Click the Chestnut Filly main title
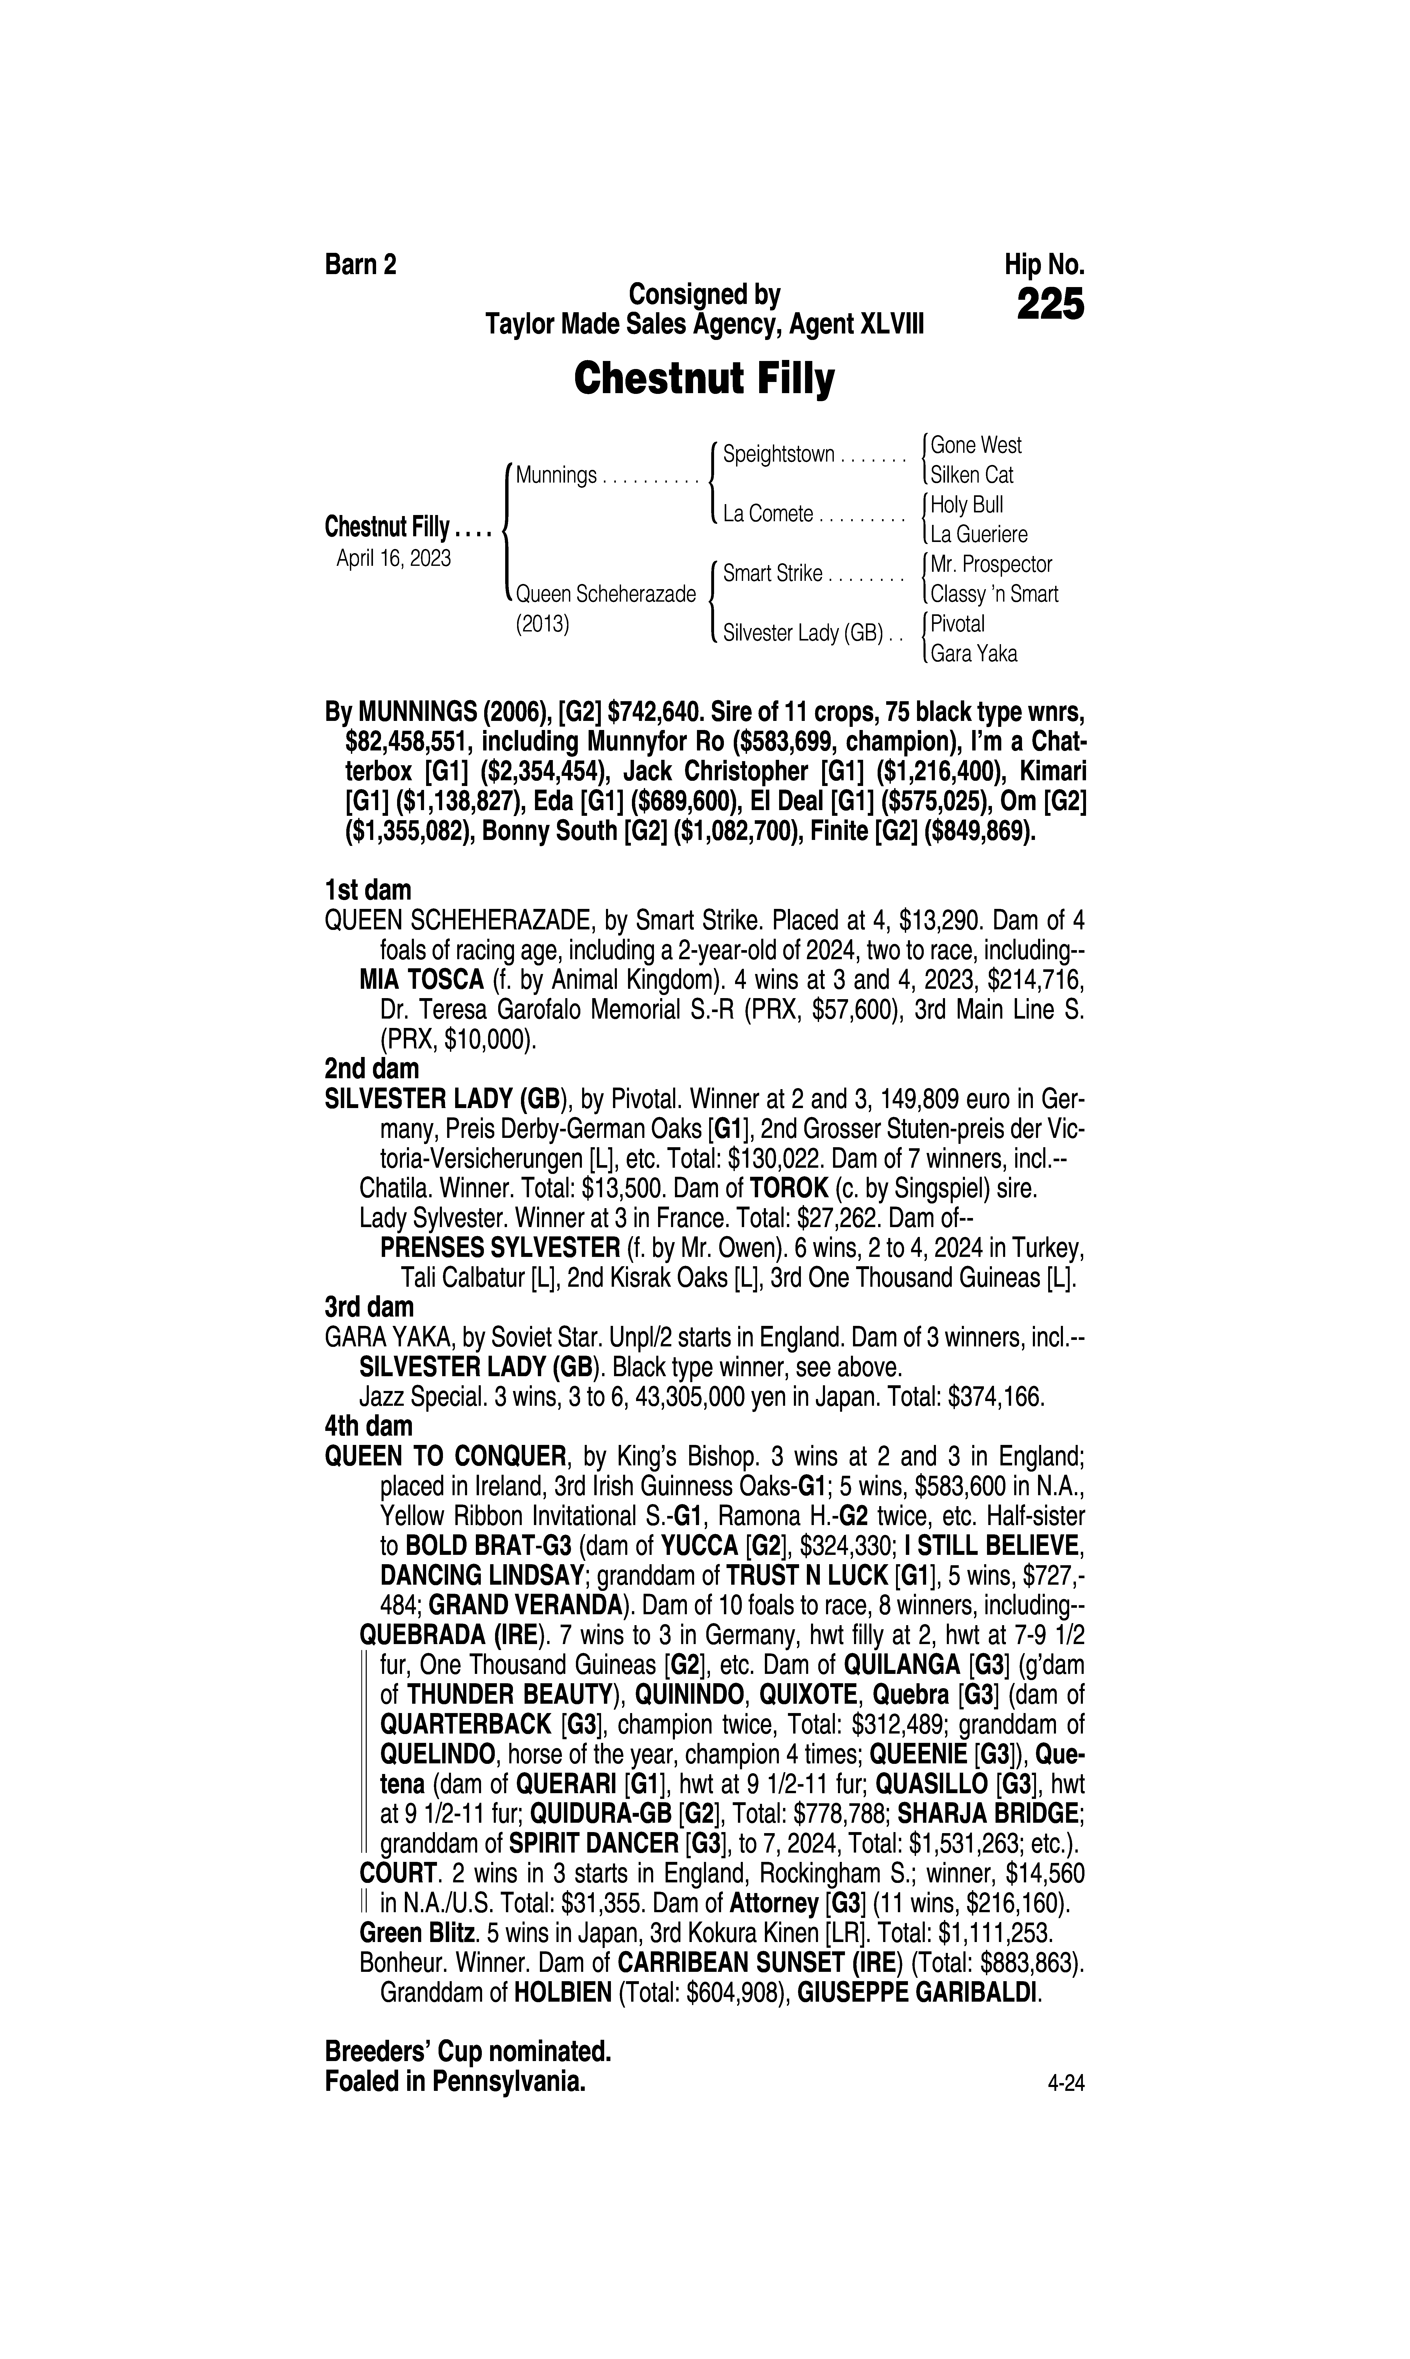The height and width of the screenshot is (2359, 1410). click(704, 379)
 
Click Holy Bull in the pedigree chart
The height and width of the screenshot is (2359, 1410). click(966, 505)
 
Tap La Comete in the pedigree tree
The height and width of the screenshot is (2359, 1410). click(768, 514)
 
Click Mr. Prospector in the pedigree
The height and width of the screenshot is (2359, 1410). click(991, 565)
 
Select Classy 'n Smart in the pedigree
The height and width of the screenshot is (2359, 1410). click(994, 594)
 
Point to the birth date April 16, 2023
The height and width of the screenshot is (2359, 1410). click(393, 558)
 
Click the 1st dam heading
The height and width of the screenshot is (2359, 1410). click(368, 890)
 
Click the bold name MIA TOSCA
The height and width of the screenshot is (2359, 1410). click(422, 980)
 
